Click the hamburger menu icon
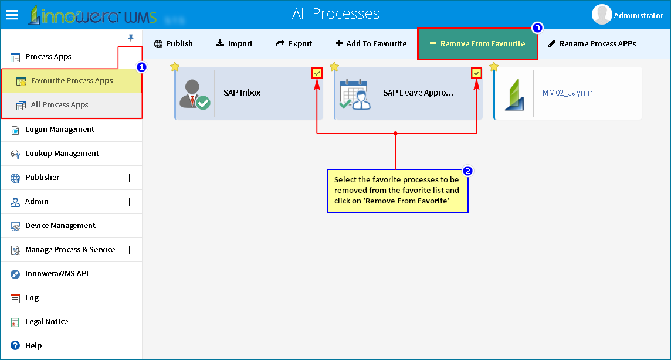(x=12, y=15)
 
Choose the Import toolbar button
(x=234, y=43)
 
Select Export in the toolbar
(x=294, y=43)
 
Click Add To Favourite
(x=371, y=43)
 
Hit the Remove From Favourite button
(x=477, y=43)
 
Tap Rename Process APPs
(x=592, y=43)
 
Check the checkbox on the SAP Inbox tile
(x=317, y=73)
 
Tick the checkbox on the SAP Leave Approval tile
(x=476, y=73)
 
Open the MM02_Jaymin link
(x=568, y=93)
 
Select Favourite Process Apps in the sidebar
(x=72, y=81)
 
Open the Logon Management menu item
(x=59, y=130)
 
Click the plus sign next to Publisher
(x=129, y=178)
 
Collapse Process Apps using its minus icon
(x=129, y=57)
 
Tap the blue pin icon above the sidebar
(x=131, y=38)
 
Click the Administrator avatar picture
(x=602, y=15)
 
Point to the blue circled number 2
(x=467, y=171)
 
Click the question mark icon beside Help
(x=15, y=345)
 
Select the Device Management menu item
(x=60, y=226)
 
